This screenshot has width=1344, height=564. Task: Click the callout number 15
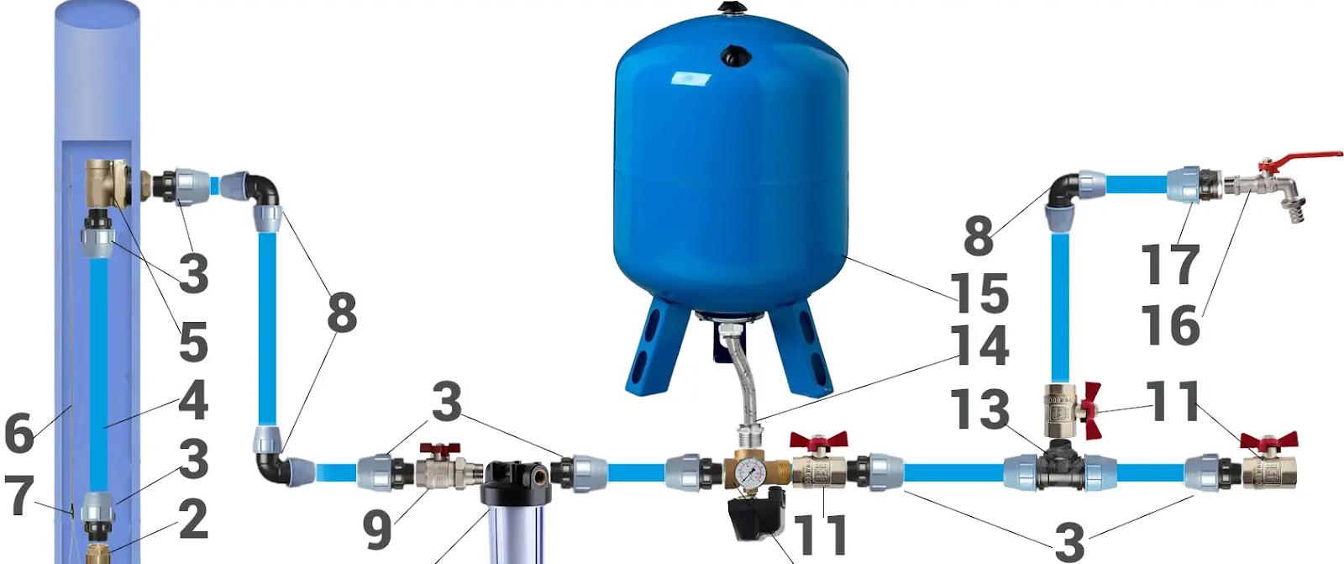[x=979, y=293]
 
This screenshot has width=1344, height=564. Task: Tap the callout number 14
[x=980, y=345]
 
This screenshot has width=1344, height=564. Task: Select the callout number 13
[x=980, y=409]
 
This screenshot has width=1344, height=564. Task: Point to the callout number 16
[x=1170, y=325]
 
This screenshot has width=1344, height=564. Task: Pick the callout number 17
[x=1170, y=264]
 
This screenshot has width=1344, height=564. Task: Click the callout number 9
[x=377, y=530]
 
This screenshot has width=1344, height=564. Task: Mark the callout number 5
[x=193, y=340]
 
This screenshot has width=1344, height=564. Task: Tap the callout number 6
[x=19, y=433]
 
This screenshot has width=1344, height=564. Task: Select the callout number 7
[x=19, y=495]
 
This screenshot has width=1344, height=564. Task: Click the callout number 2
[x=193, y=520]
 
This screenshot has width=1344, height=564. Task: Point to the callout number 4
[x=193, y=399]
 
